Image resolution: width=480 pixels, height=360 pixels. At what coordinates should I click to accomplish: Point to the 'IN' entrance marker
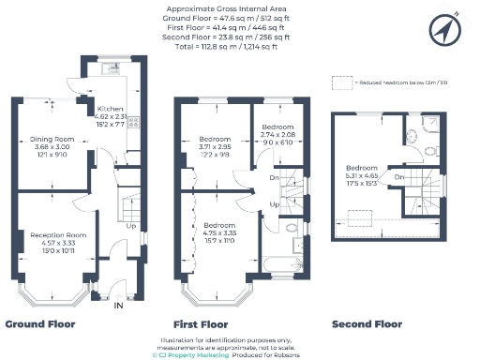point(118,306)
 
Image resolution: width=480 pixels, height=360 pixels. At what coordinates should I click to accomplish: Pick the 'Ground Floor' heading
point(40,323)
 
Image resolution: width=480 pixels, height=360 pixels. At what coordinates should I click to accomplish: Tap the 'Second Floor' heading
point(367,323)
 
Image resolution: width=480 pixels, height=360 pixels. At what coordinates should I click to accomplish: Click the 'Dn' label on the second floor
point(399,176)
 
